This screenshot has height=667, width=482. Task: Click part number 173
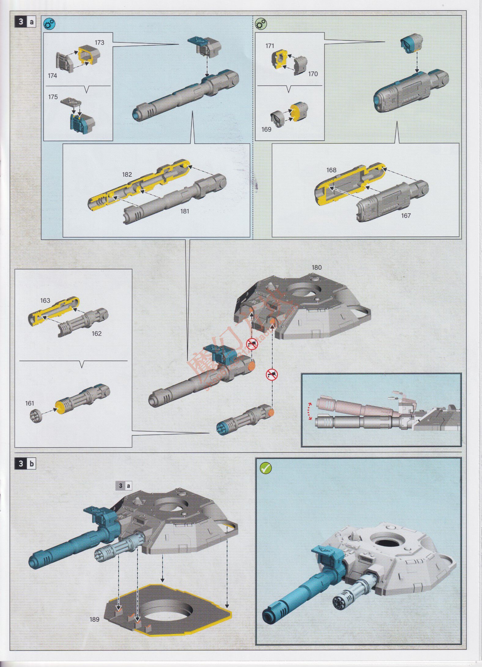tap(99, 42)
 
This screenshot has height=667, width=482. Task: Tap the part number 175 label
tap(53, 97)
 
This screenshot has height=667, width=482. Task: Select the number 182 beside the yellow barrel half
tap(127, 175)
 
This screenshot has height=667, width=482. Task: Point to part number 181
tap(184, 211)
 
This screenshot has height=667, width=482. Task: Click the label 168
tap(331, 170)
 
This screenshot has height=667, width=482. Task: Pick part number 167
tap(406, 216)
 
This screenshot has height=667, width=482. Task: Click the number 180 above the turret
tap(317, 267)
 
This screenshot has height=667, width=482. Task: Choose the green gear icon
tap(261, 24)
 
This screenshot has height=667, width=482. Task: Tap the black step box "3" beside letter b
tap(20, 464)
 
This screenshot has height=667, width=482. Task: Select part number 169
tap(266, 129)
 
